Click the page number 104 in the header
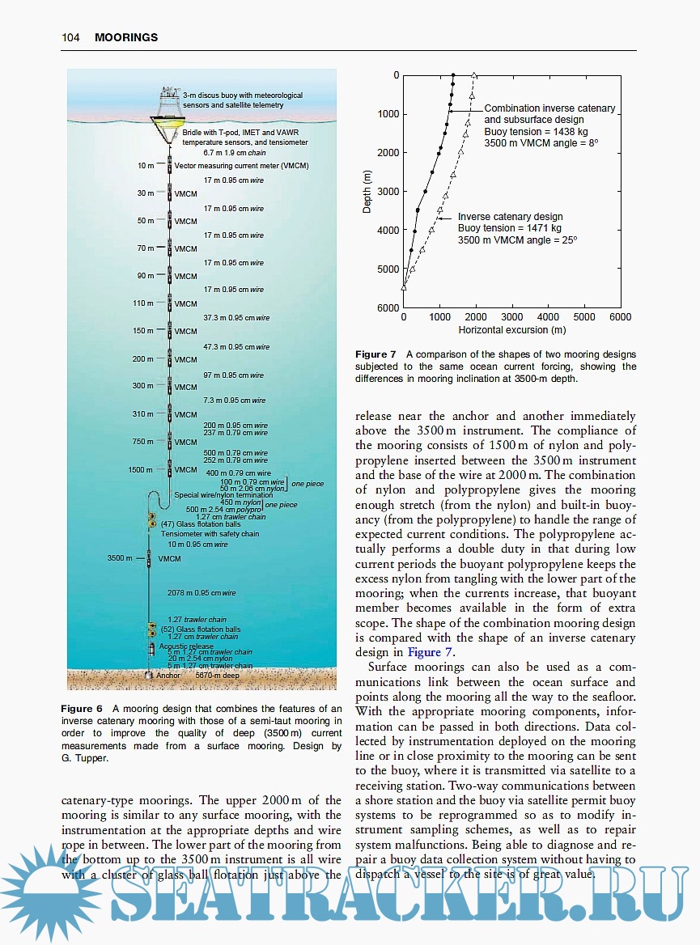[x=70, y=37]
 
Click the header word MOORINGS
[x=126, y=37]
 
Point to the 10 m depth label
[x=146, y=166]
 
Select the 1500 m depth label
[x=141, y=469]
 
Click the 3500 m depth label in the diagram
[x=119, y=558]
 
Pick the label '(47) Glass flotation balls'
[x=201, y=524]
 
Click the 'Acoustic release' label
[x=186, y=646]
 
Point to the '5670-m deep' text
[x=218, y=674]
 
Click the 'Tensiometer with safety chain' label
[x=210, y=534]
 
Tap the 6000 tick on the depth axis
[x=389, y=307]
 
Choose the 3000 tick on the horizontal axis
[x=511, y=318]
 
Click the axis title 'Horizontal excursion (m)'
[x=511, y=330]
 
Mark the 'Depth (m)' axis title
[x=367, y=192]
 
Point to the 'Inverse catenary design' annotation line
[x=510, y=217]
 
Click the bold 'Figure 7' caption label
[x=375, y=354]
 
